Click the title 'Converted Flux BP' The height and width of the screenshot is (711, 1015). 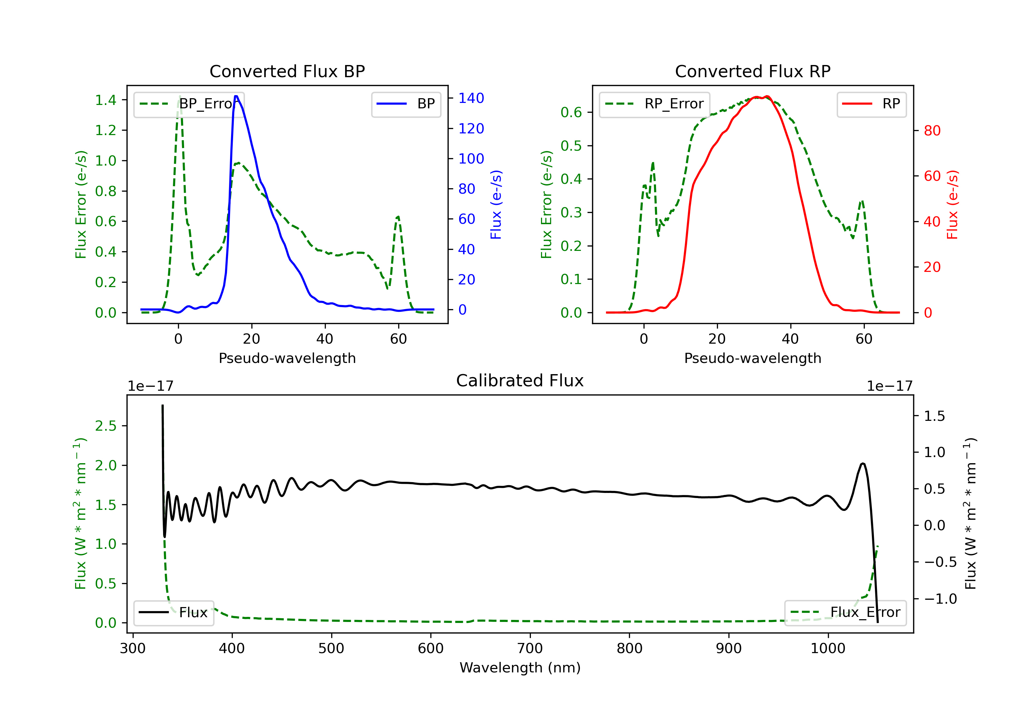coord(287,71)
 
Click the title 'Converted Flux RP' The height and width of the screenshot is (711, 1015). coord(752,71)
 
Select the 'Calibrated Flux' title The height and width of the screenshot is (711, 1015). coord(520,381)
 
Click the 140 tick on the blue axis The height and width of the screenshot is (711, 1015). coord(471,98)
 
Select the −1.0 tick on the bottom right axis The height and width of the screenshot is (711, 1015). coord(940,599)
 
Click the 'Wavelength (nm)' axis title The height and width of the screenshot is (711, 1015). coord(520,668)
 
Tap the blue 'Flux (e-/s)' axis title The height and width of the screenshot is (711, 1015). coord(496,204)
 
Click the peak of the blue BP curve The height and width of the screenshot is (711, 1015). coord(236,96)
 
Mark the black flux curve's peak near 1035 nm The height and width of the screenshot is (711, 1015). coord(862,464)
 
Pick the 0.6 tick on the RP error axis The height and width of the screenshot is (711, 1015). coord(571,112)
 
